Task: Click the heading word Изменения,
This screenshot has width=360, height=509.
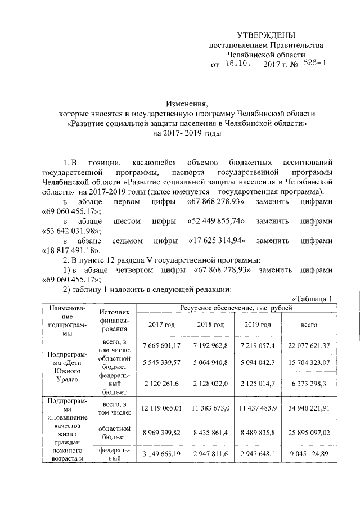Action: pos(187,103)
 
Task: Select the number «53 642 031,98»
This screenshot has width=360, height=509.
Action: pos(70,231)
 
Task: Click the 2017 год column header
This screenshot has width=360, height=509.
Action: pos(161,325)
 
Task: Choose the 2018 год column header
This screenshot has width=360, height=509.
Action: pos(210,325)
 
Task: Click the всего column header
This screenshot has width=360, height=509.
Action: pos(309,325)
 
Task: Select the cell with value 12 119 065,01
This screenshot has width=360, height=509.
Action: pos(161,408)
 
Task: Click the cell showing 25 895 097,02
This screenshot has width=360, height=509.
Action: pos(309,433)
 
